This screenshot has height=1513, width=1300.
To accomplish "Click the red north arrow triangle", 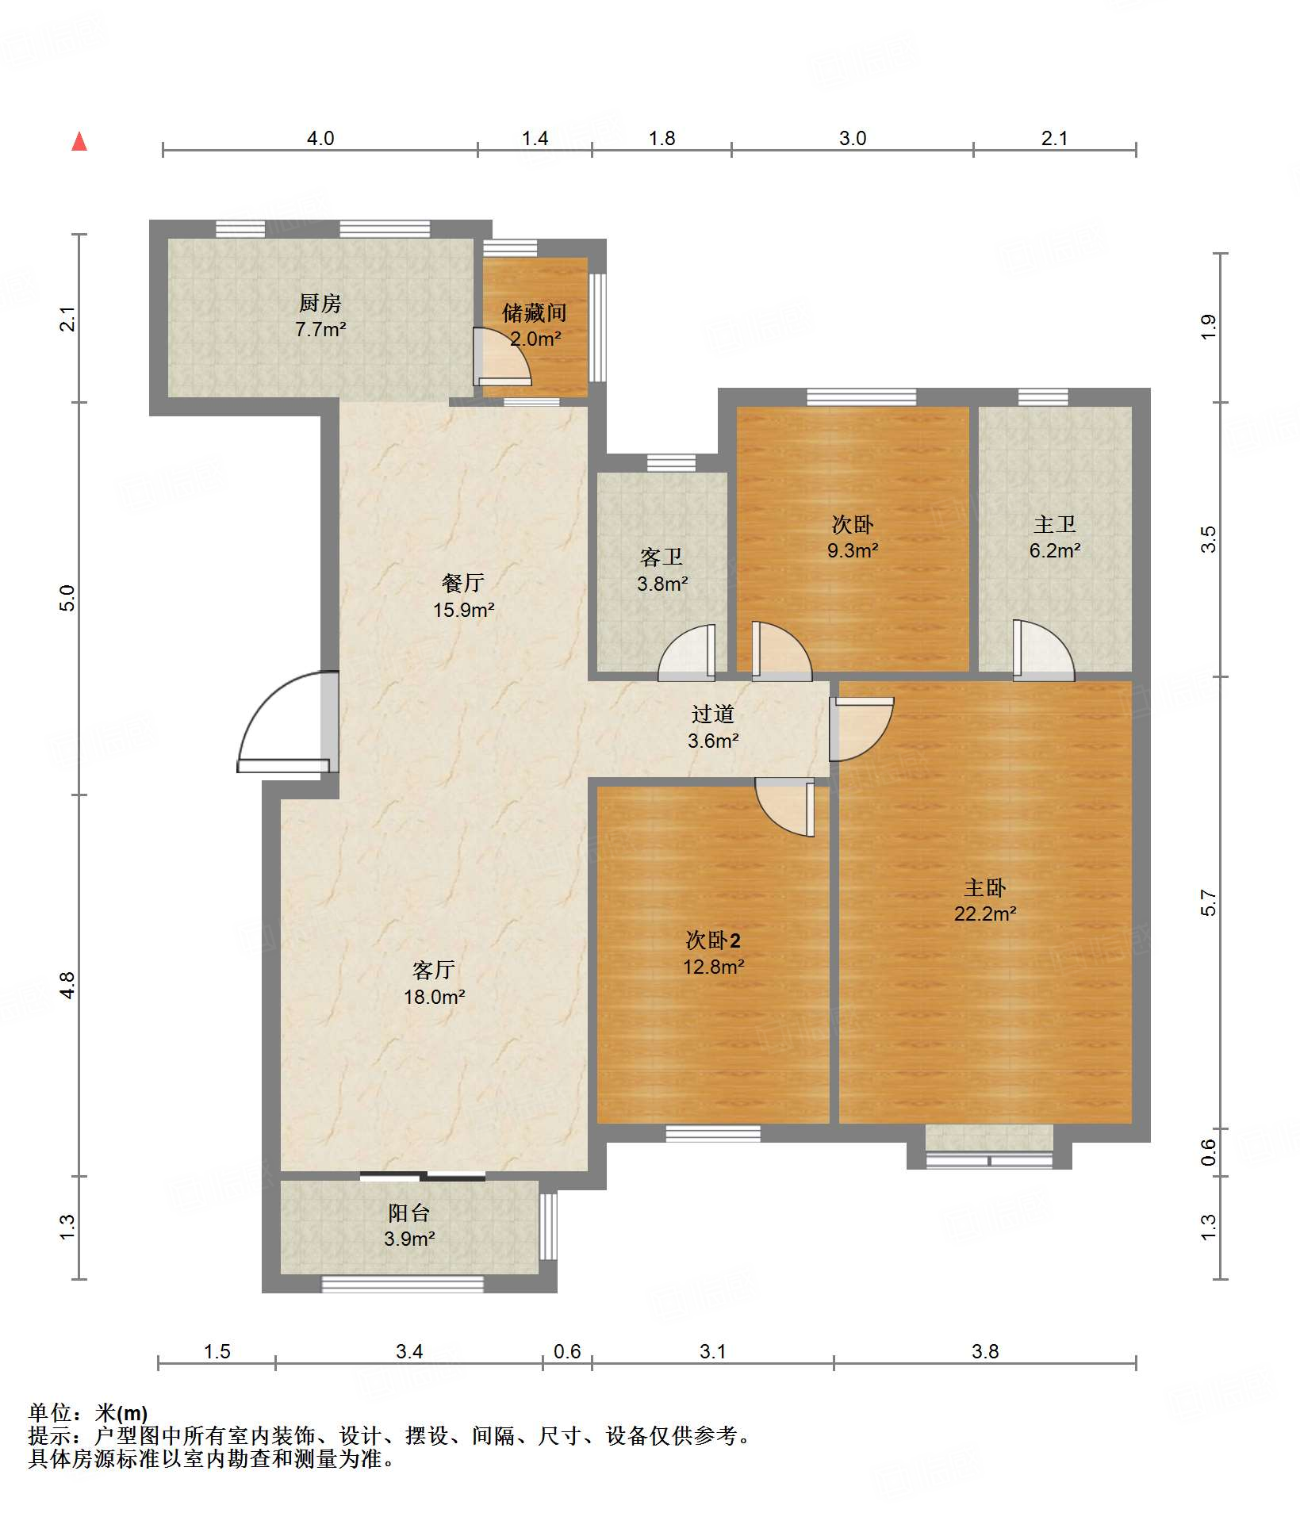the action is click(x=79, y=141).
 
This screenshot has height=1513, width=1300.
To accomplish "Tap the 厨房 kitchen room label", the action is click(x=320, y=303).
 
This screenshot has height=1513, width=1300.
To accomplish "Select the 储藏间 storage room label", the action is click(x=535, y=313).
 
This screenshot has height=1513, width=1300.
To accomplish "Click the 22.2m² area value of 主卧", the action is click(x=985, y=914).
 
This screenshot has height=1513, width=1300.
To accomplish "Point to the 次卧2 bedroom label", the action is click(x=713, y=940).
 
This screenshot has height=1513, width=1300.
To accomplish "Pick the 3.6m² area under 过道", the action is click(x=713, y=741).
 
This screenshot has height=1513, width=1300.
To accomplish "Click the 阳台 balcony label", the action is click(x=409, y=1212).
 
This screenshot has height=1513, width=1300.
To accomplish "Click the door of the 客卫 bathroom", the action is click(x=687, y=653).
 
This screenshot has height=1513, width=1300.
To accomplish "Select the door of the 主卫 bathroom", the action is click(x=1044, y=650).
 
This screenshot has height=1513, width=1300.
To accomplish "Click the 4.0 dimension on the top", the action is click(x=320, y=139).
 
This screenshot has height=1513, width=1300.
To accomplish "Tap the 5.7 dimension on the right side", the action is click(x=1207, y=903).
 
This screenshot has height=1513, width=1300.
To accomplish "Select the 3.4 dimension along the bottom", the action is click(x=409, y=1351).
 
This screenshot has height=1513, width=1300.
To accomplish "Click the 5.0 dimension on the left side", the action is click(x=67, y=598).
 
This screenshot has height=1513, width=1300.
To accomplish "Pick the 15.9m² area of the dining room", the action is click(x=464, y=610).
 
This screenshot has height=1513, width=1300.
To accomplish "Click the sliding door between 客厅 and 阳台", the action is click(x=423, y=1176).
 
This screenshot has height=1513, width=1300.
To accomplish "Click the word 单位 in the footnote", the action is click(x=50, y=1412).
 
